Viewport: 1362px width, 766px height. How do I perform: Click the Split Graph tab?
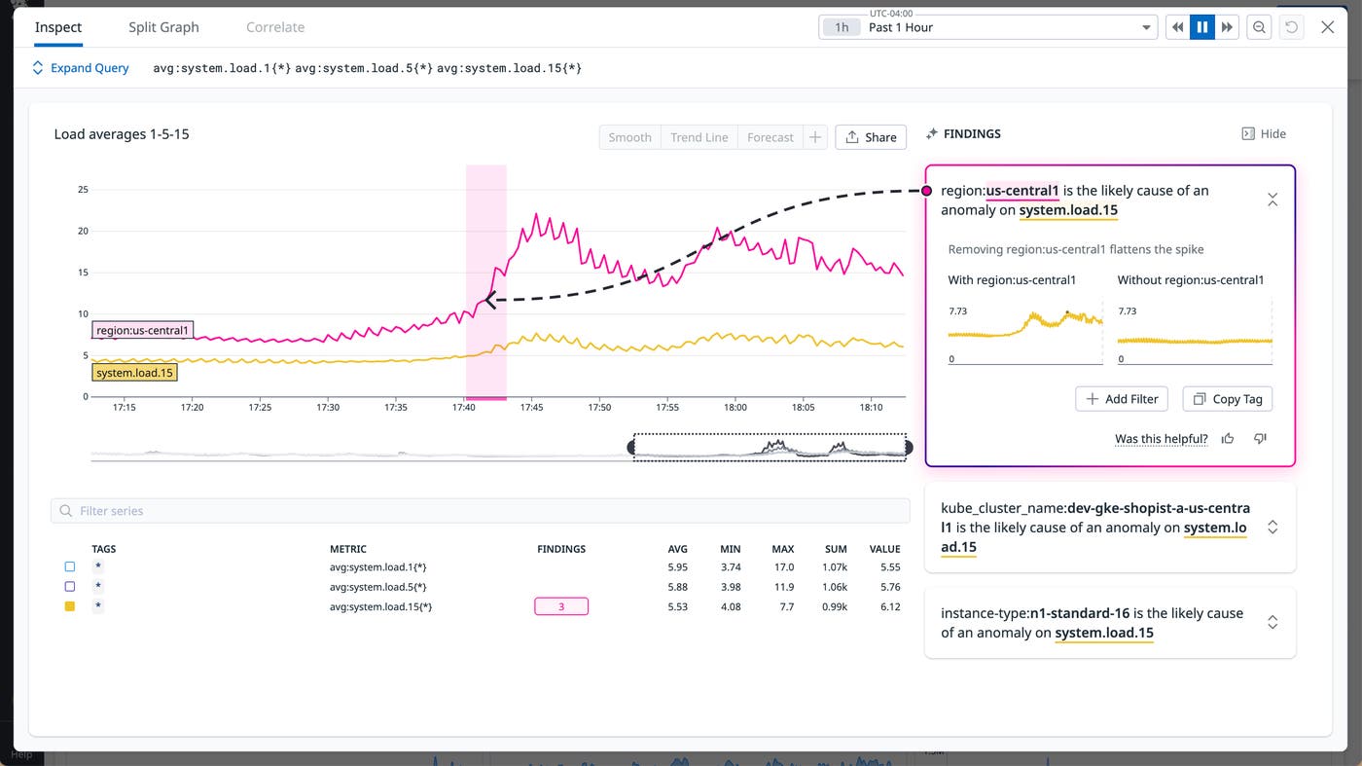[x=163, y=27]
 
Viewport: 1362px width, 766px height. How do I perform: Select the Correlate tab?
[x=274, y=27]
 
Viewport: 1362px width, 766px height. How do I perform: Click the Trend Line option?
[x=699, y=137]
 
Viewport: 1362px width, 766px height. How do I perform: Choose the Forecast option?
[x=770, y=137]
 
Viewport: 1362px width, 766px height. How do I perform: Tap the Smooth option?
[x=629, y=137]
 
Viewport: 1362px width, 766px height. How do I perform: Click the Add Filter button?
[x=1121, y=399]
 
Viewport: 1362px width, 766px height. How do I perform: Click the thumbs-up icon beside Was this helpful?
[x=1228, y=439]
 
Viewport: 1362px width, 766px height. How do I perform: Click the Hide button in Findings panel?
[x=1264, y=134]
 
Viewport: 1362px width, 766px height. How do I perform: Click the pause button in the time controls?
[x=1202, y=27]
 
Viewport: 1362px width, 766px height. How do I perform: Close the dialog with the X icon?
[x=1327, y=27]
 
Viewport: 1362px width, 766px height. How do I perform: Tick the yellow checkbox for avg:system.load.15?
[x=70, y=606]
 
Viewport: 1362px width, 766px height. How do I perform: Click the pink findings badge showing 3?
[x=561, y=606]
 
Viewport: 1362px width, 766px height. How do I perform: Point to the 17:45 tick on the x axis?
[x=531, y=407]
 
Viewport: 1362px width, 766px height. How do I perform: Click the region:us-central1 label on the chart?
[x=143, y=331]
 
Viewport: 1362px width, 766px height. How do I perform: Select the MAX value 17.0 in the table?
[x=783, y=566]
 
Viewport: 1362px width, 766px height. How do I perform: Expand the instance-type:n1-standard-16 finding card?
[x=1272, y=623]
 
